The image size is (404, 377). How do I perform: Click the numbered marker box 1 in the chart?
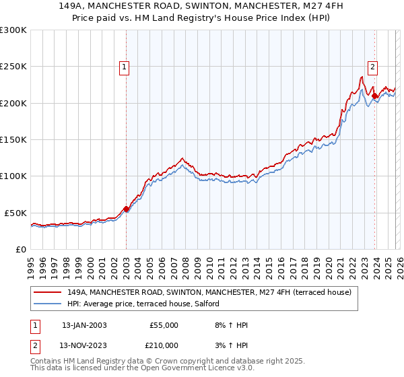coord(125,67)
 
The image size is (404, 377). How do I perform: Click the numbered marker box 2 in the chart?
coord(372,67)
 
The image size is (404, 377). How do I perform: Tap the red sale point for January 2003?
coord(126,209)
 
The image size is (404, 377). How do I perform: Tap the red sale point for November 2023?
coord(374,96)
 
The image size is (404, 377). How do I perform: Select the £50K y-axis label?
coord(15,213)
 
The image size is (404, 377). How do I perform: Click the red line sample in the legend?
coord(48,293)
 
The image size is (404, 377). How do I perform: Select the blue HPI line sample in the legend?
coord(48,304)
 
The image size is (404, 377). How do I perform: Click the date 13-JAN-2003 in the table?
coord(84,325)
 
